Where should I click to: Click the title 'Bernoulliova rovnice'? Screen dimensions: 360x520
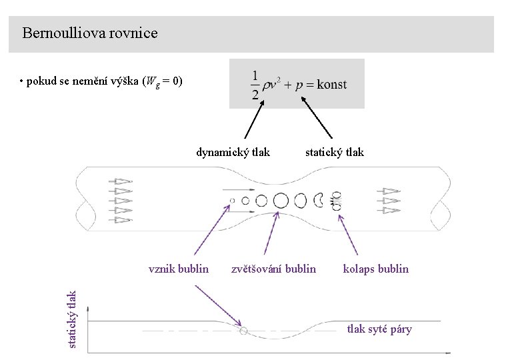click(x=89, y=33)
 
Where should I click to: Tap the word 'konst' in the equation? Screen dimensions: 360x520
click(x=332, y=85)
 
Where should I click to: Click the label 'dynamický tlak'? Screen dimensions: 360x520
click(x=233, y=152)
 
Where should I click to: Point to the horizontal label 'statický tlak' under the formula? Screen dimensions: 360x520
click(x=335, y=152)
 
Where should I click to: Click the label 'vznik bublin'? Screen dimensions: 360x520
click(x=178, y=269)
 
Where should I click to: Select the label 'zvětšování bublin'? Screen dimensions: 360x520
click(x=273, y=269)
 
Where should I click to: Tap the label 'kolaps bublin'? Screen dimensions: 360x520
click(x=375, y=269)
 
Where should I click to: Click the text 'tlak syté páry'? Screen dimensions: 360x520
click(x=379, y=329)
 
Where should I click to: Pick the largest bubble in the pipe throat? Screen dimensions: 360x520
click(x=281, y=200)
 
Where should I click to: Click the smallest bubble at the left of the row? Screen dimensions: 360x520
click(x=232, y=200)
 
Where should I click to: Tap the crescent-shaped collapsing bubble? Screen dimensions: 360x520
click(x=319, y=200)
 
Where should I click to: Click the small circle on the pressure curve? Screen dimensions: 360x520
click(x=243, y=330)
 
